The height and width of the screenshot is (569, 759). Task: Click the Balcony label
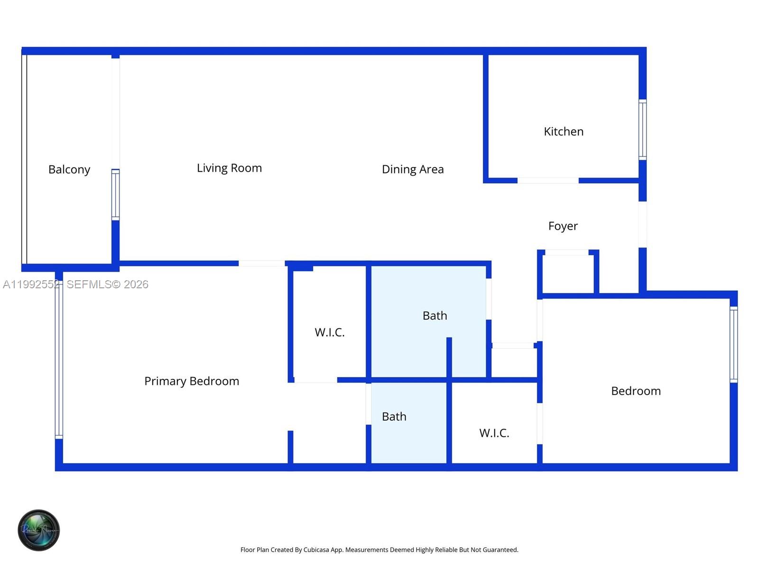69,170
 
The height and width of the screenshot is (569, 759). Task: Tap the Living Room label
229,168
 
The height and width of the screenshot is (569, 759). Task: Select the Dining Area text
413,170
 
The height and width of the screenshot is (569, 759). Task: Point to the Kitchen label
564,132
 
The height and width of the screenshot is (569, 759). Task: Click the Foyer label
563,226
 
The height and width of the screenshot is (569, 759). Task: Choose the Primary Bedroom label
192,381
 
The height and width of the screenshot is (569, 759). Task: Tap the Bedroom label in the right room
636,391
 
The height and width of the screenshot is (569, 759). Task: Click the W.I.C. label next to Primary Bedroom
330,332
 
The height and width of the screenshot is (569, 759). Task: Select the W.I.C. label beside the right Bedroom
494,433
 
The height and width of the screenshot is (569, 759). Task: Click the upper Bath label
435,316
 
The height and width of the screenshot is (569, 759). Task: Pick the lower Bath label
394,417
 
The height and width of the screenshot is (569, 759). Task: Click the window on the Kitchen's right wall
642,129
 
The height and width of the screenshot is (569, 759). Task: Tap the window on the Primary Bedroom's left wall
59,360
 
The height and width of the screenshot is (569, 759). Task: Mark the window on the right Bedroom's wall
733,344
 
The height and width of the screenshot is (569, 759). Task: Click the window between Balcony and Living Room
115,194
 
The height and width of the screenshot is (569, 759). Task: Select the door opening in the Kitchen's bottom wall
548,181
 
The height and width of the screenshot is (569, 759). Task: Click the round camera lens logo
38,530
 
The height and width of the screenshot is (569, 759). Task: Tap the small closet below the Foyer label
568,273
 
